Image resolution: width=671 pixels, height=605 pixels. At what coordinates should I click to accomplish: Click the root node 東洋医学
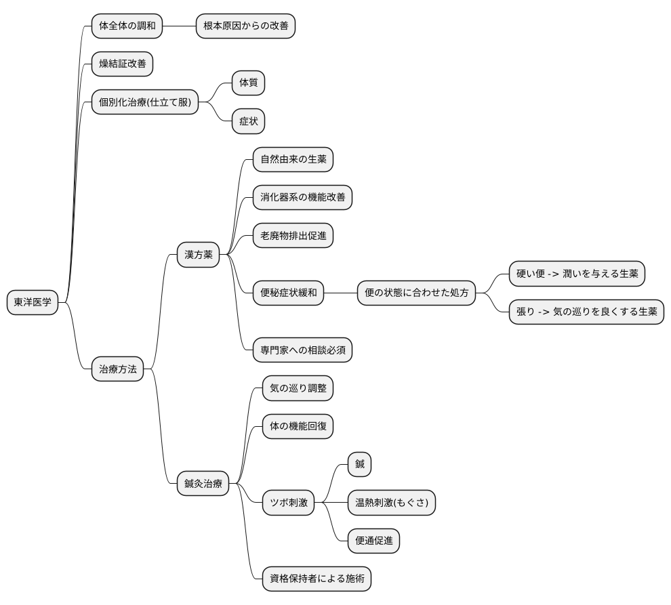click(x=33, y=302)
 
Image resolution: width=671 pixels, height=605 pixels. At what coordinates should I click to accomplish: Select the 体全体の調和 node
click(x=127, y=26)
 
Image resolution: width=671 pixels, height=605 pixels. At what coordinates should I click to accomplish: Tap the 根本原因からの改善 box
click(x=245, y=26)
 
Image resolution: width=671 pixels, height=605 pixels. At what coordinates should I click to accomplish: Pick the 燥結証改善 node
click(x=123, y=64)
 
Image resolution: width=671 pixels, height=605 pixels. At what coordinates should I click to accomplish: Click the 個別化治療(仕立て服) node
click(x=145, y=102)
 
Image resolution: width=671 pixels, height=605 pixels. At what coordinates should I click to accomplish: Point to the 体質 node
click(x=248, y=83)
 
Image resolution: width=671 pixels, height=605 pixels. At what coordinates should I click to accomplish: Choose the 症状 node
click(x=248, y=121)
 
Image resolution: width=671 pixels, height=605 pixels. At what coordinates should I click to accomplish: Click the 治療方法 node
click(x=118, y=369)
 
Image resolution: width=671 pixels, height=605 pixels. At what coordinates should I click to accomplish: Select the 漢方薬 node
click(x=198, y=255)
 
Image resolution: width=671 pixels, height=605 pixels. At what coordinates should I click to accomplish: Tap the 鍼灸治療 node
click(x=203, y=484)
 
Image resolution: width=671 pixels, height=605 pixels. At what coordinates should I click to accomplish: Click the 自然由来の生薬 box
click(x=293, y=159)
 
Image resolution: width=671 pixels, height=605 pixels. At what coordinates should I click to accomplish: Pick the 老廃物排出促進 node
click(x=293, y=235)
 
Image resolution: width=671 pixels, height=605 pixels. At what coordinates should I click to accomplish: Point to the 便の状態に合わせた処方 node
click(x=416, y=293)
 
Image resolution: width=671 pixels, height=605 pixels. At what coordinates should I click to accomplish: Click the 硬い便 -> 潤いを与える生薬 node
click(x=577, y=274)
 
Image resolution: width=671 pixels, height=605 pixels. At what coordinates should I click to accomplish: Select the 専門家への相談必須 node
click(x=302, y=350)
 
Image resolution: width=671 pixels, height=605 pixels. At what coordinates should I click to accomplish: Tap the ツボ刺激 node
click(x=289, y=502)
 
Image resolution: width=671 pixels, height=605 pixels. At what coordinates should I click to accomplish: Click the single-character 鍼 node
click(x=359, y=464)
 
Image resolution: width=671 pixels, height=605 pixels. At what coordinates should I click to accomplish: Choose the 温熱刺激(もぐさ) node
click(x=392, y=502)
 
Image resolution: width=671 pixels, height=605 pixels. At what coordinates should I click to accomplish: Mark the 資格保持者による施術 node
click(x=317, y=579)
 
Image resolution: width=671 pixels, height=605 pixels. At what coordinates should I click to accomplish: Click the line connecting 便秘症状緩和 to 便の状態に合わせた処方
click(x=341, y=293)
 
